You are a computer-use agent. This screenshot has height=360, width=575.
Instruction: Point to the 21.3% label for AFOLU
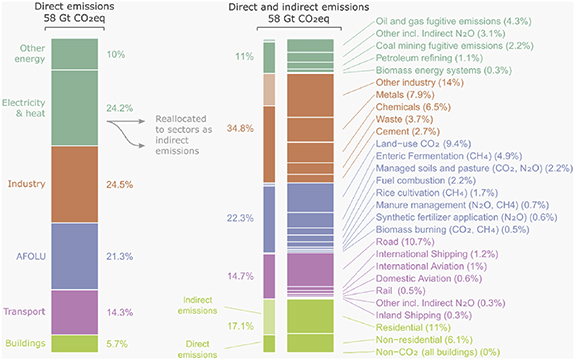point(119,256)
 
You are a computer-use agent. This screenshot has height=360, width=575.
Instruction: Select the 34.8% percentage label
point(239,129)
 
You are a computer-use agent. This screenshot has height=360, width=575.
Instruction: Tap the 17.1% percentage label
point(239,326)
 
